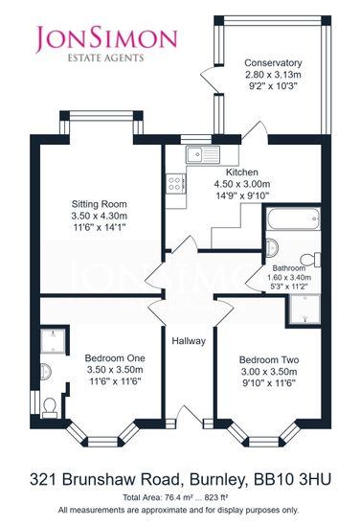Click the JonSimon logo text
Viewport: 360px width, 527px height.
pos(106,39)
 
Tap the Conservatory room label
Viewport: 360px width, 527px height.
pos(273,63)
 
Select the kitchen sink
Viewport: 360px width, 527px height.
pos(203,154)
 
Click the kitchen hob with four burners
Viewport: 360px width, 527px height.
pos(175,184)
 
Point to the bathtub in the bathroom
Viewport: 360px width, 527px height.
pos(293,218)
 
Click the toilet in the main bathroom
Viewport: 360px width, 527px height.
pos(310,260)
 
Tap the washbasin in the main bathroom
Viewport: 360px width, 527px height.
pos(272,248)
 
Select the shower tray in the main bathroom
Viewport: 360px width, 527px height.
pos(304,309)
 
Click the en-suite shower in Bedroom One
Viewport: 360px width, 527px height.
pos(53,341)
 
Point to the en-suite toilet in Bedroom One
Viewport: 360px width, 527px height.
pos(50,407)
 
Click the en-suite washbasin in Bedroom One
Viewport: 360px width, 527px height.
pos(46,372)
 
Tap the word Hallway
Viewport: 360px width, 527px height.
pos(189,341)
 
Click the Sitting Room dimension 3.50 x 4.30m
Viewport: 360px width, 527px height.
pos(100,216)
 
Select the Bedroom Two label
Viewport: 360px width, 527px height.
pos(269,360)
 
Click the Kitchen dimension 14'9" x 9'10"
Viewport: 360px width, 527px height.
pos(242,195)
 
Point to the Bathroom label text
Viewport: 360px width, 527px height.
pos(289,268)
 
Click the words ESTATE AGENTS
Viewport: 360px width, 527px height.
pos(106,57)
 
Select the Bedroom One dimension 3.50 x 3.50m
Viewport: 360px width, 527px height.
pos(115,370)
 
